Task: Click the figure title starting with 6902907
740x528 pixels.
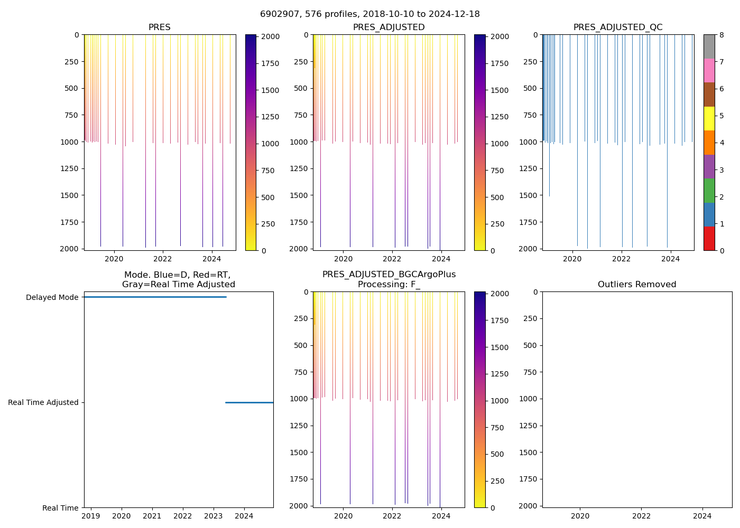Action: (370, 14)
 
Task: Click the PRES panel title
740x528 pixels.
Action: (159, 27)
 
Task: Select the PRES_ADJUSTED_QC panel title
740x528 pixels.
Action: (618, 27)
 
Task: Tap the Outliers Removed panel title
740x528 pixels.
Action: (637, 285)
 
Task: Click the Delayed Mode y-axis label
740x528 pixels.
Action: (52, 297)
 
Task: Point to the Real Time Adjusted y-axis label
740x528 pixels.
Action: (43, 402)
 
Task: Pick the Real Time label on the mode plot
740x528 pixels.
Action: (60, 508)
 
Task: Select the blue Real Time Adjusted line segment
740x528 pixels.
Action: (249, 402)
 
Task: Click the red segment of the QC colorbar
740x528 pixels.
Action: (709, 238)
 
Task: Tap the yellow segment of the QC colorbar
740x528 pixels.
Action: (709, 118)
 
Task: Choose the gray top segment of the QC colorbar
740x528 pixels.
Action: (709, 46)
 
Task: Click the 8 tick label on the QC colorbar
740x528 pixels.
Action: (721, 35)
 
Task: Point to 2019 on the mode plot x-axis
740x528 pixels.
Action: (91, 515)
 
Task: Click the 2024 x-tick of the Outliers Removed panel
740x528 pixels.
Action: (702, 515)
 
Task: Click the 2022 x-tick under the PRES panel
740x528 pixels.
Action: (163, 259)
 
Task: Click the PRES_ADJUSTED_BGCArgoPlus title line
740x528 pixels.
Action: (389, 275)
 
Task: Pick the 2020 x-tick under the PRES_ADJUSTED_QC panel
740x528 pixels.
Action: (572, 259)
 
